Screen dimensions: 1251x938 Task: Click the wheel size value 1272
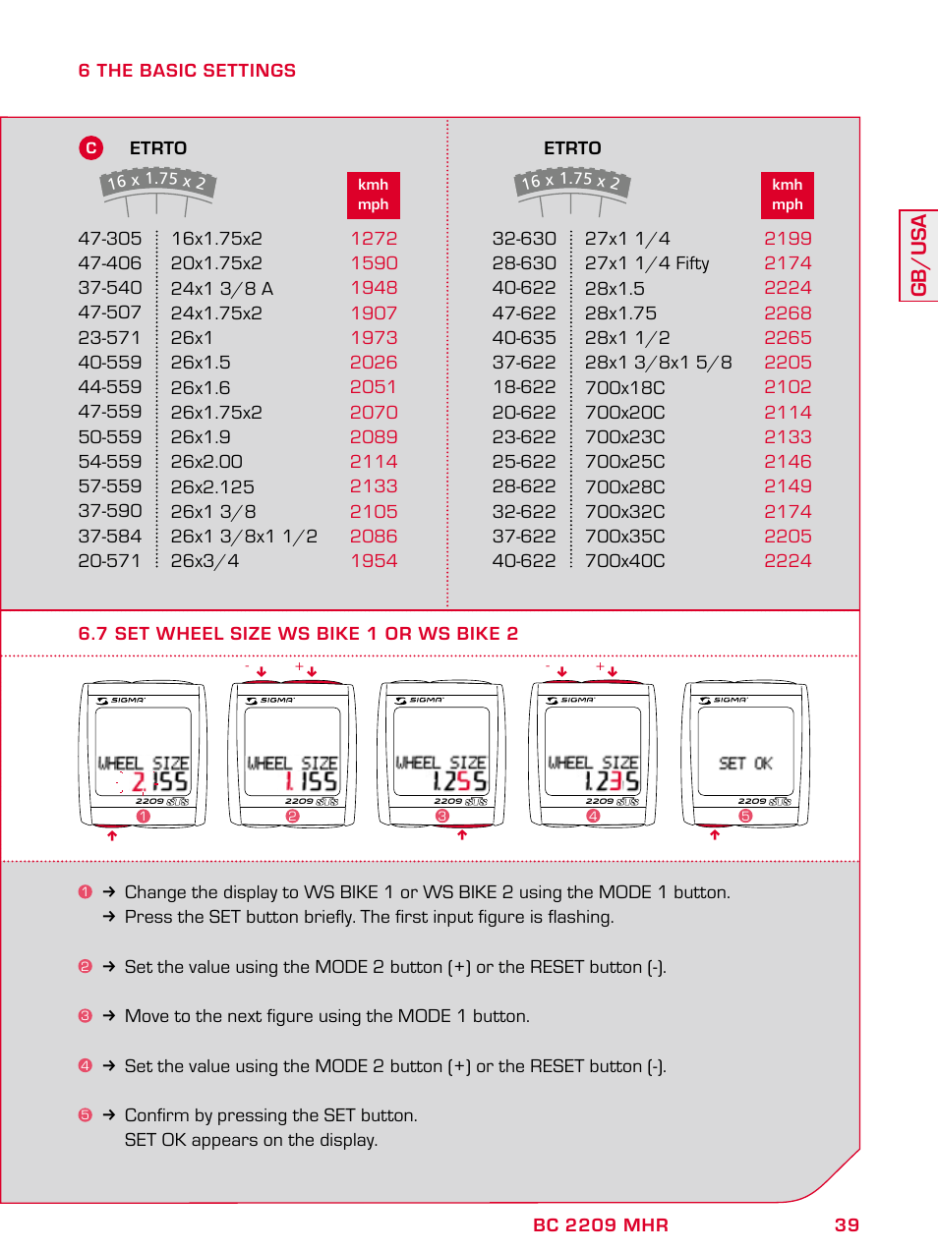pyautogui.click(x=374, y=239)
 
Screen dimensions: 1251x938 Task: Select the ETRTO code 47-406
pyautogui.click(x=109, y=263)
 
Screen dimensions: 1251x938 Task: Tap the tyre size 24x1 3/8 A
pyautogui.click(x=221, y=289)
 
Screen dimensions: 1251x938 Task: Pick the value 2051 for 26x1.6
pyautogui.click(x=374, y=387)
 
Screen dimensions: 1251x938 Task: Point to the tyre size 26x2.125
pyautogui.click(x=212, y=487)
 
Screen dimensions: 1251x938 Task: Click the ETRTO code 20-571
pyautogui.click(x=109, y=561)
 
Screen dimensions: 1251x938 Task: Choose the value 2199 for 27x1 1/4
pyautogui.click(x=788, y=239)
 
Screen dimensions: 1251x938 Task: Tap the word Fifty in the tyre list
pyautogui.click(x=692, y=263)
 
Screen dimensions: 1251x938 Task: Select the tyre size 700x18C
pyautogui.click(x=624, y=387)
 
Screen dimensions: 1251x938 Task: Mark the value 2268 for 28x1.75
pyautogui.click(x=788, y=313)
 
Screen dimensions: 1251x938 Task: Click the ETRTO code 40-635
pyautogui.click(x=524, y=338)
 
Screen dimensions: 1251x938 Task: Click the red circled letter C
pyautogui.click(x=90, y=148)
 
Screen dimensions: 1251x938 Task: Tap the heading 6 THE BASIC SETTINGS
pyautogui.click(x=187, y=71)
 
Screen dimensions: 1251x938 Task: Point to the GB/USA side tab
pyautogui.click(x=919, y=256)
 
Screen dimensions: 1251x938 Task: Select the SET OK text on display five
pyautogui.click(x=745, y=764)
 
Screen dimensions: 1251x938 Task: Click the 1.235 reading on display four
pyautogui.click(x=611, y=781)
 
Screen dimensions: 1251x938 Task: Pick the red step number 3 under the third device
pyautogui.click(x=442, y=817)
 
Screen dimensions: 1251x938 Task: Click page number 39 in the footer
pyautogui.click(x=847, y=1225)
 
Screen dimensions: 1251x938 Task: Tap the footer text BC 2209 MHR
pyautogui.click(x=600, y=1225)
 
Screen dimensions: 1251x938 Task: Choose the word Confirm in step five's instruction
pyautogui.click(x=156, y=1115)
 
